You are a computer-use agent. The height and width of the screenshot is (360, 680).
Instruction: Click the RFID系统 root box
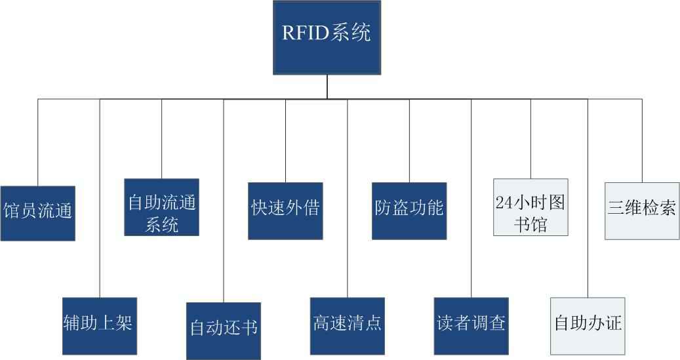pyautogui.click(x=327, y=38)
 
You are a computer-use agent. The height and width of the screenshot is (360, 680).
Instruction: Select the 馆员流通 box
pyautogui.click(x=37, y=213)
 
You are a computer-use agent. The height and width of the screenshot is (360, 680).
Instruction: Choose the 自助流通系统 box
pyautogui.click(x=162, y=207)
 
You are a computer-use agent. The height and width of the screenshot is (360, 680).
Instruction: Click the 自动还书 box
pyautogui.click(x=224, y=330)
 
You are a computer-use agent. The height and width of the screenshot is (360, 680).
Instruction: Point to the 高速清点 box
pyautogui.click(x=348, y=325)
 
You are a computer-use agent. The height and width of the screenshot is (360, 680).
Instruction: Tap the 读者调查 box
pyautogui.click(x=471, y=325)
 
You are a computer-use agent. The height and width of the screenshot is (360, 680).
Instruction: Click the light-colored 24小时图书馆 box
pyautogui.click(x=530, y=207)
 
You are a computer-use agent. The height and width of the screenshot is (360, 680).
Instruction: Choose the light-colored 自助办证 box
pyautogui.click(x=588, y=325)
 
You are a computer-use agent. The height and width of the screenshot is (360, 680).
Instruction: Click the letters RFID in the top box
pyautogui.click(x=307, y=33)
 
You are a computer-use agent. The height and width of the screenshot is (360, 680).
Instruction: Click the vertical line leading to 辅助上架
pyautogui.click(x=100, y=197)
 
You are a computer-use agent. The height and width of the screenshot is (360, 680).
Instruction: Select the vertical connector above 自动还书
pyautogui.click(x=224, y=197)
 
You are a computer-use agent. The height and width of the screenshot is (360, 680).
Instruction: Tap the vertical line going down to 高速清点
pyautogui.click(x=348, y=197)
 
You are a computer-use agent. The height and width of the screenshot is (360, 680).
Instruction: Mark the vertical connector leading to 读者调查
pyautogui.click(x=471, y=197)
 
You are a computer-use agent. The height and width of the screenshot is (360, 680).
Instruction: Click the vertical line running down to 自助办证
pyautogui.click(x=588, y=197)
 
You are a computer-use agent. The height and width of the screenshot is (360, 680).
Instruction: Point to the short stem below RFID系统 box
pyautogui.click(x=327, y=87)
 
